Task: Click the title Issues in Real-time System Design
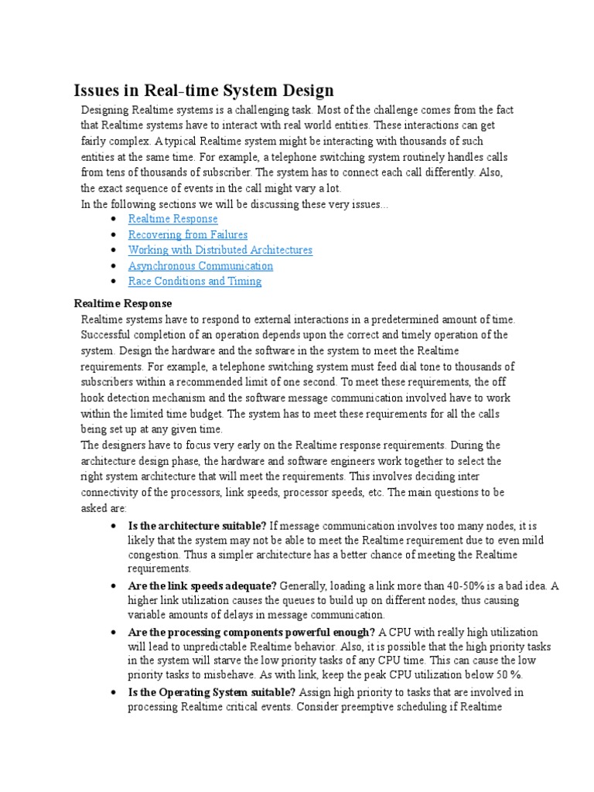(203, 91)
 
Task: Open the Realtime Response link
(173, 219)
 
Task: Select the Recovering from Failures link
(188, 234)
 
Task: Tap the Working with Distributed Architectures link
(220, 250)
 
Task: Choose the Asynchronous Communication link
(200, 265)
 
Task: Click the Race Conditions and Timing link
(195, 281)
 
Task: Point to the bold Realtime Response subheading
(122, 303)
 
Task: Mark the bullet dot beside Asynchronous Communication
(114, 265)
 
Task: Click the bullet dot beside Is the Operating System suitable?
(114, 691)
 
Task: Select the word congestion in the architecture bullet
(155, 555)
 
